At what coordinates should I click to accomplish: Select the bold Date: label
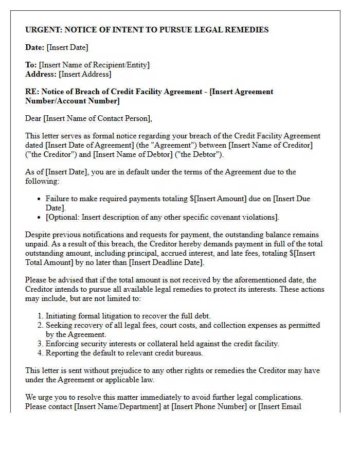point(34,47)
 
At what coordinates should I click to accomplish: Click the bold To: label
point(31,65)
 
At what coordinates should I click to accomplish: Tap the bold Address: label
point(41,74)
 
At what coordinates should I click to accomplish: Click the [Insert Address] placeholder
point(85,74)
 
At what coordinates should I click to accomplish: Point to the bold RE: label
point(31,92)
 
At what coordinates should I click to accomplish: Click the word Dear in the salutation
point(33,118)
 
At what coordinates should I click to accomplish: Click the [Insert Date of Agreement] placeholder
point(85,145)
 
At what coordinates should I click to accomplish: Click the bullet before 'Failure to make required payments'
point(40,199)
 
